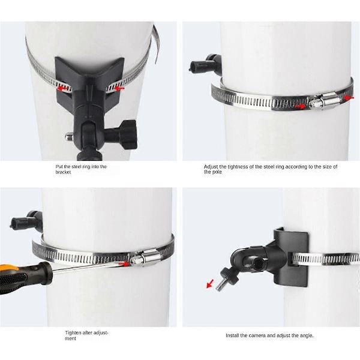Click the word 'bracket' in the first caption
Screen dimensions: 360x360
[x=63, y=172]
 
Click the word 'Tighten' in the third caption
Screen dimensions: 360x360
[x=73, y=332]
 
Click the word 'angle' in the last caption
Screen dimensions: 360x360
[x=307, y=335]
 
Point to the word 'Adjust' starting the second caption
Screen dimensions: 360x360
[x=211, y=167]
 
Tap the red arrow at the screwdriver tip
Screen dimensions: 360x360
[x=124, y=263]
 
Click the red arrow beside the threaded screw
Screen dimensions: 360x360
[x=210, y=284]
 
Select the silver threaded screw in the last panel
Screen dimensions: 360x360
[x=221, y=284]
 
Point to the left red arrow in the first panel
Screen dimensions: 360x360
[x=62, y=88]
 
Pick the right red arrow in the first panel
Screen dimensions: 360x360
[x=119, y=88]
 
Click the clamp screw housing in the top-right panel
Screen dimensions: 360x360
[x=325, y=101]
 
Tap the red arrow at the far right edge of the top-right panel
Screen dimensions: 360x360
[x=349, y=98]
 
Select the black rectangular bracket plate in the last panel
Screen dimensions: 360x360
[x=290, y=257]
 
